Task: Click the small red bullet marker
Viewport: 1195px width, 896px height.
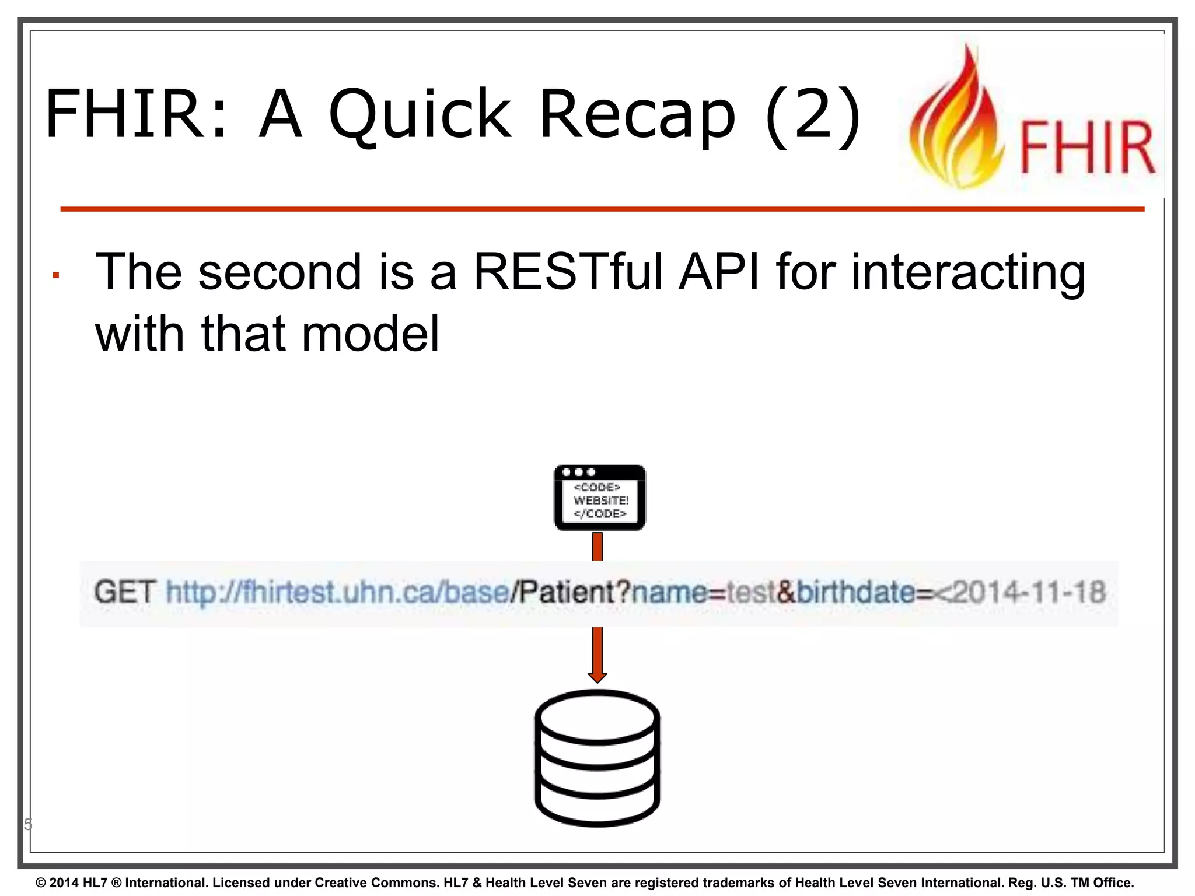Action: [56, 276]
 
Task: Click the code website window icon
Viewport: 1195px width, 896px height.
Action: [599, 498]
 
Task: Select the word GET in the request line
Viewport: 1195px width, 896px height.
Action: [125, 592]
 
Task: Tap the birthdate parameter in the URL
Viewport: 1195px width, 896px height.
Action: [854, 592]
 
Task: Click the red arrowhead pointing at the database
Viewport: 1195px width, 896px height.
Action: [597, 677]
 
